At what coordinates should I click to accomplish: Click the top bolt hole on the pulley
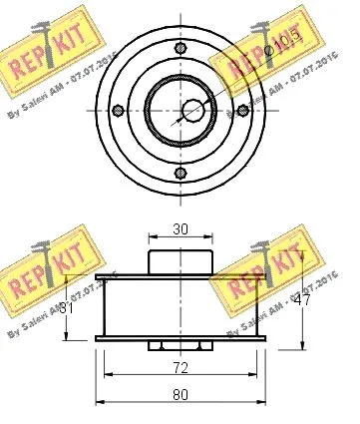(x=180, y=51)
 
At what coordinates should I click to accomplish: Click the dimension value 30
(x=180, y=228)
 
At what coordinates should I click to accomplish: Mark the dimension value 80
(x=180, y=393)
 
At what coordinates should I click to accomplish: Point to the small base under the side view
(x=180, y=347)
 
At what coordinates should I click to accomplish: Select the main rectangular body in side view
(x=180, y=307)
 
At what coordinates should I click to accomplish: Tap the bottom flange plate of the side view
(x=180, y=340)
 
